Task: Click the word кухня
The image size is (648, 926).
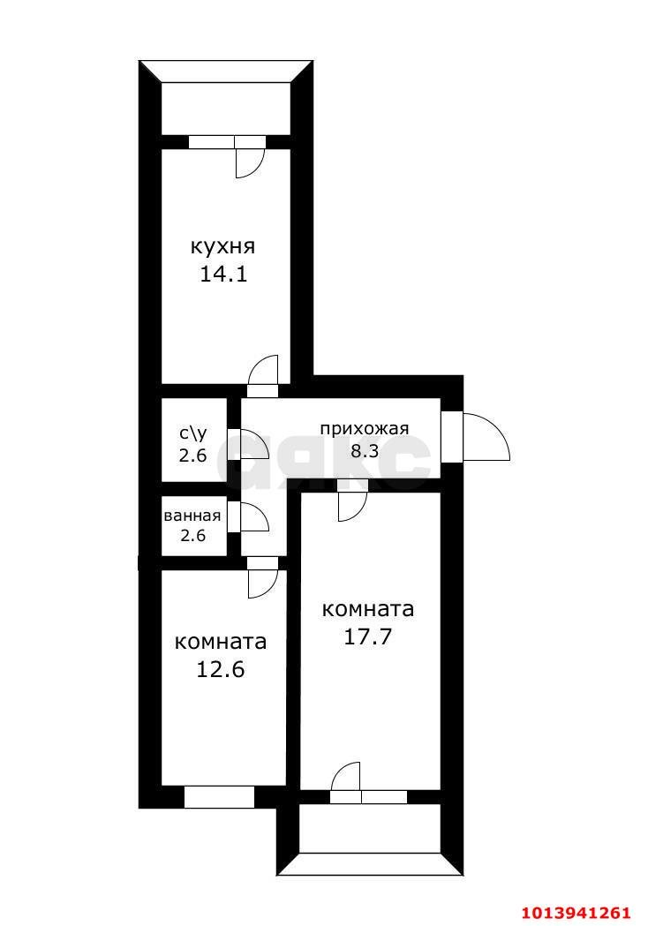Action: click(x=223, y=245)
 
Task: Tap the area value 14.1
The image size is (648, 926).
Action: click(x=223, y=274)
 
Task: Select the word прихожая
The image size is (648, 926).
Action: click(x=364, y=429)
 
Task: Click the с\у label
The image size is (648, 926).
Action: click(x=193, y=433)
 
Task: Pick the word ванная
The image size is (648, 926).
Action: click(x=192, y=516)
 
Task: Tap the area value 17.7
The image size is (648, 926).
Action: click(x=368, y=636)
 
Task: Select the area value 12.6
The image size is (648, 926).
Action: click(x=221, y=668)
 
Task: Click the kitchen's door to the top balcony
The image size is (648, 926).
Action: click(x=250, y=159)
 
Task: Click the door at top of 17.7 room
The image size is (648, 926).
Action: click(x=351, y=501)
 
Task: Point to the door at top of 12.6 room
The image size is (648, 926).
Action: click(x=263, y=578)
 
